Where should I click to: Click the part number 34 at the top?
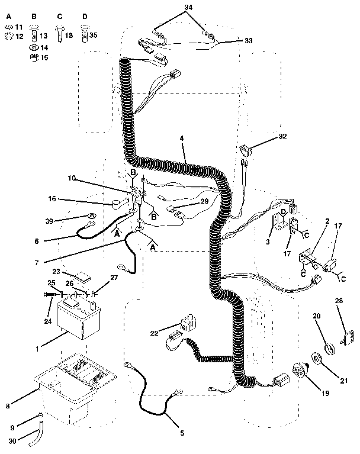tap(189, 7)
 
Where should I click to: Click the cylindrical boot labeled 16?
tap(115, 205)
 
